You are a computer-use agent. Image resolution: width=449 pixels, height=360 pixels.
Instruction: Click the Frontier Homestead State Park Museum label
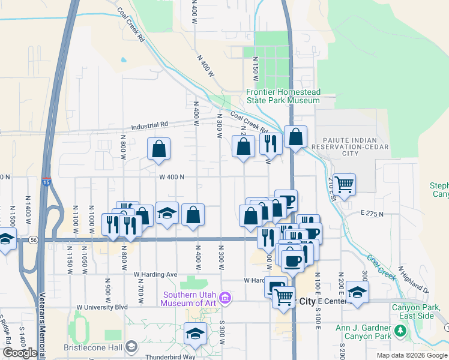[x=283, y=97]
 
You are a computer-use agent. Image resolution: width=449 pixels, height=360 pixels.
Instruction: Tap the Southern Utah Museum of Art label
[x=188, y=299]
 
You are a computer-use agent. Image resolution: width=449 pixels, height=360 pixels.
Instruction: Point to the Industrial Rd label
[x=150, y=127]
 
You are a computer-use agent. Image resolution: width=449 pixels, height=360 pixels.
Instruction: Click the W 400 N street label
[x=171, y=176]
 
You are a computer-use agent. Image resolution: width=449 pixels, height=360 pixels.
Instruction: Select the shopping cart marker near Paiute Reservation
[x=344, y=184]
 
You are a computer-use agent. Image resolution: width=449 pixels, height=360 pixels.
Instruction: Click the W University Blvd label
[x=102, y=307]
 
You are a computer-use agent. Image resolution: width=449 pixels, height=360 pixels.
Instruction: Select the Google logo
[x=20, y=353]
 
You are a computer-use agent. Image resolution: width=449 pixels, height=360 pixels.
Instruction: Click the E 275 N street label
[x=372, y=213]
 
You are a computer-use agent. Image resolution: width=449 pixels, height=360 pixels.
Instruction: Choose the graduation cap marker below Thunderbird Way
[x=195, y=334]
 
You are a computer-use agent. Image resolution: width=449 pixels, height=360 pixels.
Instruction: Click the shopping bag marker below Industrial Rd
[x=158, y=149]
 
